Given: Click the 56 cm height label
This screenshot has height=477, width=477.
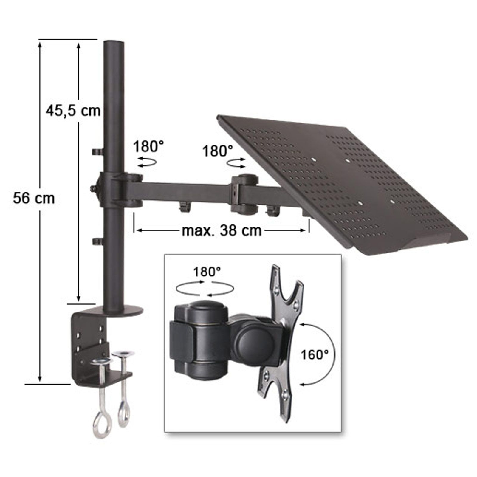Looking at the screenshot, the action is click(34, 198).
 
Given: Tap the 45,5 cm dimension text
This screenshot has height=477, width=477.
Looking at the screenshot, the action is click(73, 111).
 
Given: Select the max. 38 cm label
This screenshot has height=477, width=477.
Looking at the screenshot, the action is click(222, 230).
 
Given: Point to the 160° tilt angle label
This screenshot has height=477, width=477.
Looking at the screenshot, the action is click(315, 355).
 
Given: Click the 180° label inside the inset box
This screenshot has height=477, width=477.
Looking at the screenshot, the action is click(207, 272).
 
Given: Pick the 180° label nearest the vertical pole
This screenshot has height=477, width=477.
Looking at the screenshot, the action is click(148, 147).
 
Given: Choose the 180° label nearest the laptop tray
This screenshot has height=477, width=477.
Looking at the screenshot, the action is click(218, 151).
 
